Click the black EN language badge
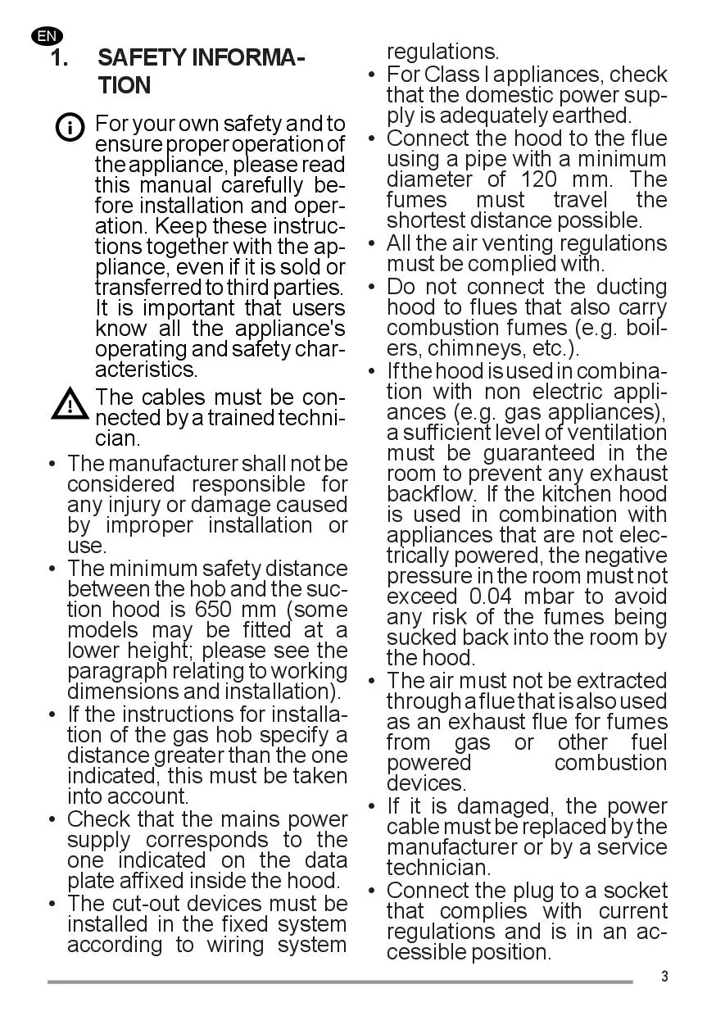47,36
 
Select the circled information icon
70,128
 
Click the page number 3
664,976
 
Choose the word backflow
431,494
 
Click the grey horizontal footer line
340,982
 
